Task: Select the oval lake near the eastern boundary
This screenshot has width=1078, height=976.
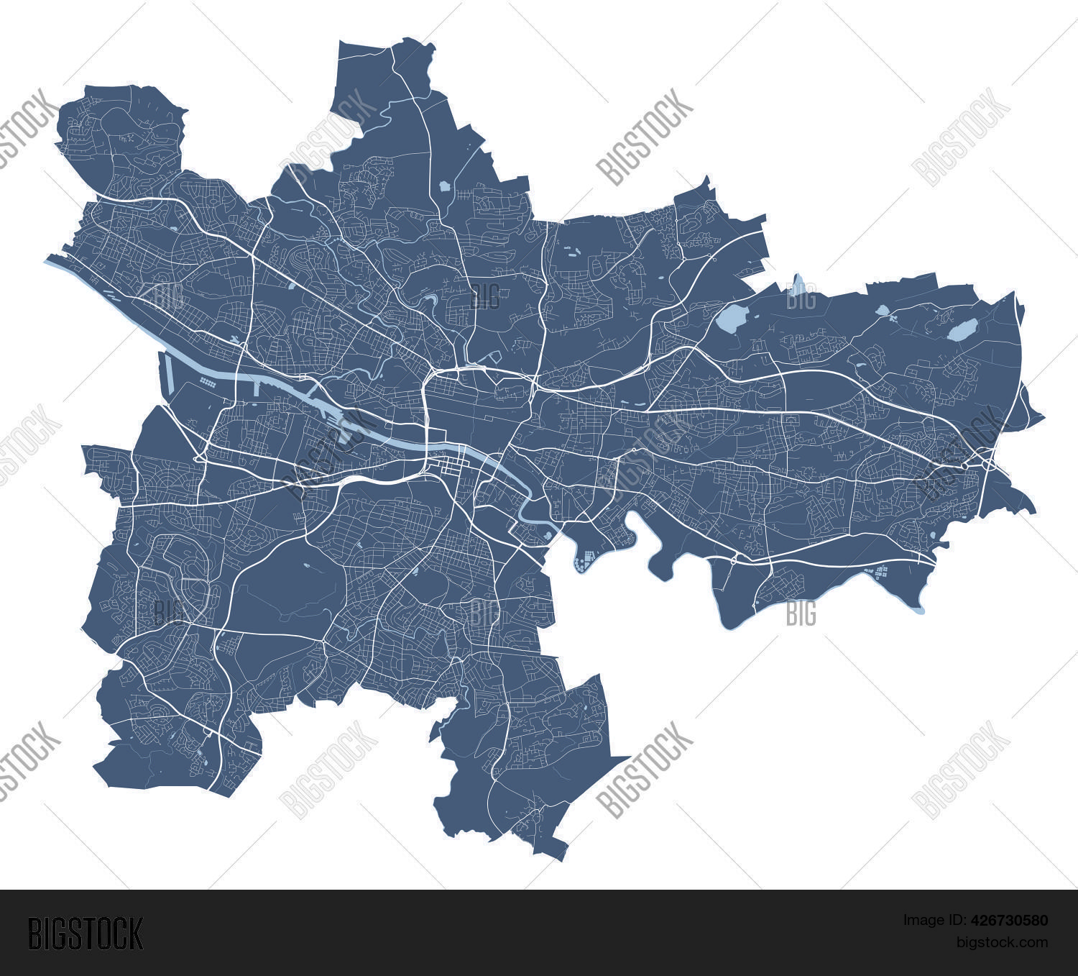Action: pyautogui.click(x=962, y=330)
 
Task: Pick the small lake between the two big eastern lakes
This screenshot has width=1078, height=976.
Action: pyautogui.click(x=883, y=311)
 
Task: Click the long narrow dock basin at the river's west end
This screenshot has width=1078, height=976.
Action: pyautogui.click(x=170, y=371)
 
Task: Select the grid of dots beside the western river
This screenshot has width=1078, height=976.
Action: pyautogui.click(x=208, y=383)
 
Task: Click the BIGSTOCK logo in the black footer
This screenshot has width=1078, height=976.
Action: pyautogui.click(x=85, y=934)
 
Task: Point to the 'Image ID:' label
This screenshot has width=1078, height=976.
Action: pyautogui.click(x=931, y=920)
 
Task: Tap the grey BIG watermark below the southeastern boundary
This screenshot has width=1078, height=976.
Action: pyautogui.click(x=801, y=614)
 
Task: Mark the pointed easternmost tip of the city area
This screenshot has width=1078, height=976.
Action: pyautogui.click(x=1044, y=416)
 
